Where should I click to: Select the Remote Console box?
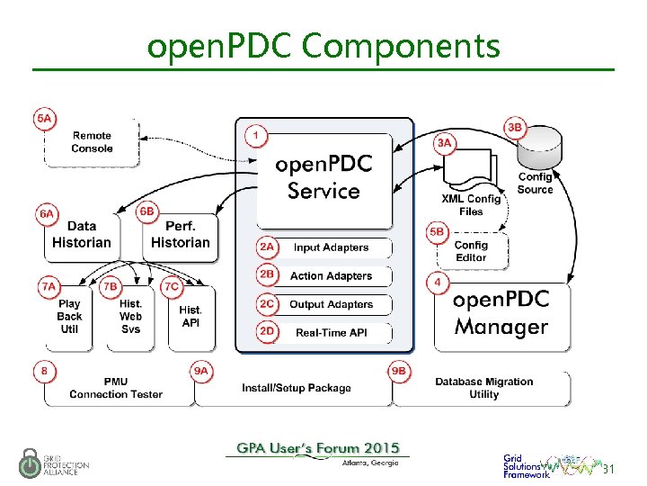tap(93, 142)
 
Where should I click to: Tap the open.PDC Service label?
tap(323, 178)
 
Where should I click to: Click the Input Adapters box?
tap(331, 247)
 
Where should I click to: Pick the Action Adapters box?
tap(331, 276)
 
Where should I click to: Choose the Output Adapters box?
tap(331, 305)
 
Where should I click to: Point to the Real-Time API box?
tap(331, 333)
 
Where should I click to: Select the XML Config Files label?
tap(471, 204)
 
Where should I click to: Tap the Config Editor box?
tap(471, 251)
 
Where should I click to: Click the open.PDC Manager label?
tap(501, 312)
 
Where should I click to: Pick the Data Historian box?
tap(82, 235)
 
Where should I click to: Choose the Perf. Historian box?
tap(180, 235)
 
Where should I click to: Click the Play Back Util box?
tap(69, 317)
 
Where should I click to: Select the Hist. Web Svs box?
tap(130, 317)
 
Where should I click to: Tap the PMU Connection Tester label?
tap(116, 388)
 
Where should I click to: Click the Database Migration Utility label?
tap(483, 388)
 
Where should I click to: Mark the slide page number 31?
tap(608, 470)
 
